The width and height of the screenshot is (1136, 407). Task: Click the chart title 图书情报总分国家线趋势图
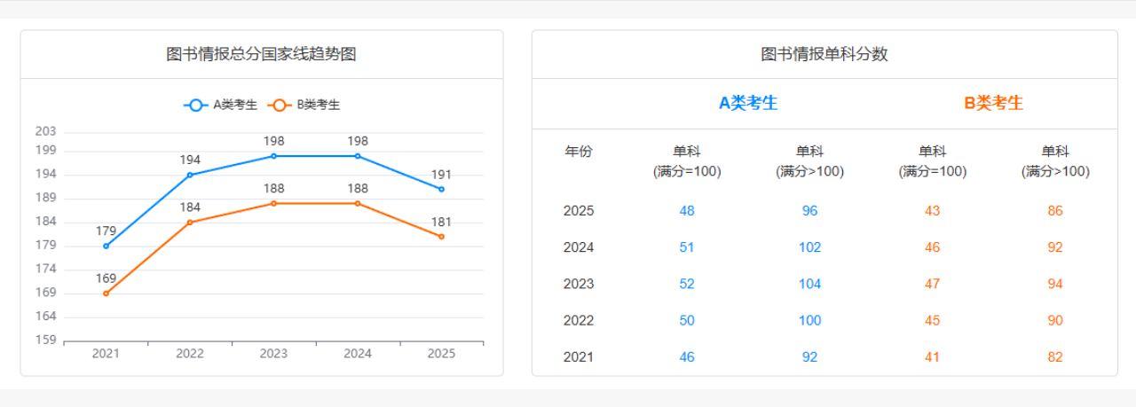click(262, 54)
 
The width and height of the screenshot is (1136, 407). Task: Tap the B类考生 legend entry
click(305, 105)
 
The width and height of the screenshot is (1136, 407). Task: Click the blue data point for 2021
click(106, 246)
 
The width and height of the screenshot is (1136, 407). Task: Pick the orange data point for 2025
click(441, 237)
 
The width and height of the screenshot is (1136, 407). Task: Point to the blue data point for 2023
click(273, 156)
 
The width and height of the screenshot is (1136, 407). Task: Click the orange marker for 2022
click(190, 222)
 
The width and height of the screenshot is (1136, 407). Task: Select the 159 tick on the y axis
click(45, 340)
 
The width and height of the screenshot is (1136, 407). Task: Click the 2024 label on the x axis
click(358, 354)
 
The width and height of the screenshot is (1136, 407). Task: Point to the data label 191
click(441, 175)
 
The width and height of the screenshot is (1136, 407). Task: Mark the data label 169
click(106, 278)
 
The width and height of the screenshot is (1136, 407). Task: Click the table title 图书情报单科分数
click(824, 54)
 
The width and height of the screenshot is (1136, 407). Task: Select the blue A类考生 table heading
click(748, 103)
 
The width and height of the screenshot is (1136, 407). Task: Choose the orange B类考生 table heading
click(993, 103)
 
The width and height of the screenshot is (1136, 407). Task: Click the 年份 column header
click(579, 152)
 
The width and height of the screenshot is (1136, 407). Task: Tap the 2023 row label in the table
click(579, 284)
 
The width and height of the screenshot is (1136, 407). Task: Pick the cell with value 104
click(809, 284)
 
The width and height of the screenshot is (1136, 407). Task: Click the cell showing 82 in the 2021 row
click(1054, 357)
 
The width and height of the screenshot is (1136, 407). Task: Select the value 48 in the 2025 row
click(687, 211)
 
